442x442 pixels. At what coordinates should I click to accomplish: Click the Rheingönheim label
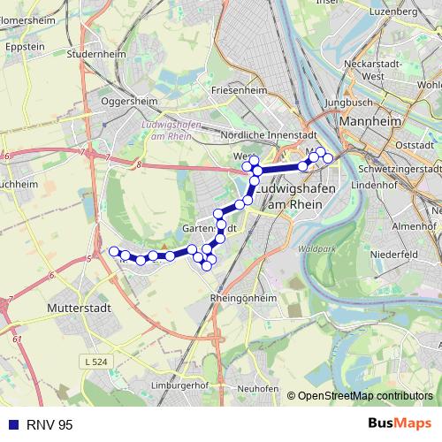coord(244,299)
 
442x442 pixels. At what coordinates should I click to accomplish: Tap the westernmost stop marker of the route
coord(113,252)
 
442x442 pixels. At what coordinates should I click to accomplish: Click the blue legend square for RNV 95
coord(10,425)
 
